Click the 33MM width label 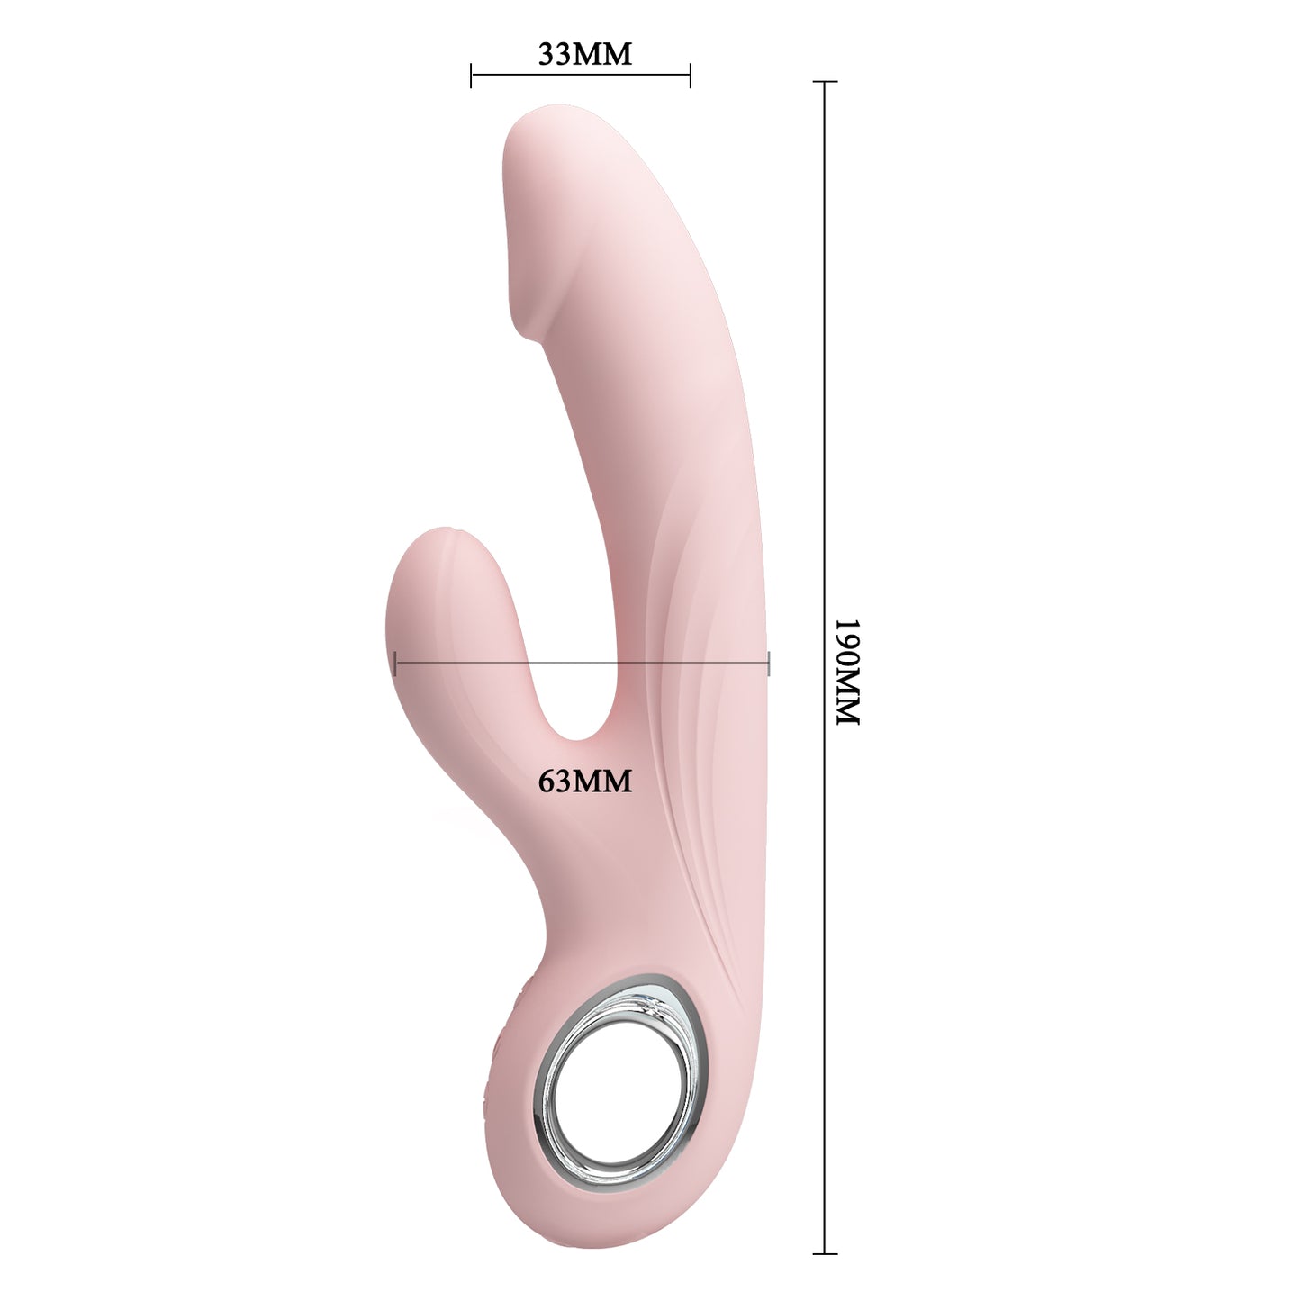[x=585, y=55]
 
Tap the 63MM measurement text [x=585, y=781]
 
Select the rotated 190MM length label [x=848, y=672]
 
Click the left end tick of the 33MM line [x=471, y=76]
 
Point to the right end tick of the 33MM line [x=690, y=76]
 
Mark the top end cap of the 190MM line [x=825, y=82]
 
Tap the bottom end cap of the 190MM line [x=825, y=1253]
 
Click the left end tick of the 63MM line [x=395, y=664]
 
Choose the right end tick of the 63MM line [x=769, y=664]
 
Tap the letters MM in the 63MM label [x=602, y=781]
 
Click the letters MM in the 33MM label [x=602, y=55]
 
